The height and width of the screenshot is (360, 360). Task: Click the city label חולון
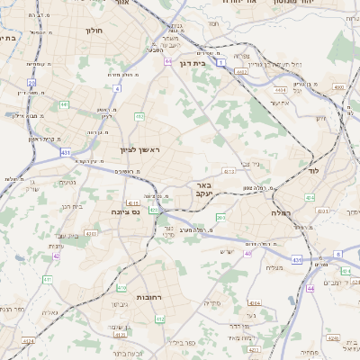tap(94, 30)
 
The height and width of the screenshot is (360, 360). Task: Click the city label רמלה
tap(282, 212)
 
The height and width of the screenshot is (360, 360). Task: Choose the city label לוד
tap(313, 169)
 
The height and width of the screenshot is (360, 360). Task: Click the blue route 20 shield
tap(31, 82)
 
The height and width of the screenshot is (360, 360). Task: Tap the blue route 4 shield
tap(117, 88)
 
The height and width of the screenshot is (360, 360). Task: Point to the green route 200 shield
tap(221, 218)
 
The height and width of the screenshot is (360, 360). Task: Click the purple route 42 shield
tap(56, 256)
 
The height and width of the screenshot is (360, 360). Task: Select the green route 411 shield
tap(47, 279)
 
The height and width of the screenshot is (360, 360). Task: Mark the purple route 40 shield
tap(247, 253)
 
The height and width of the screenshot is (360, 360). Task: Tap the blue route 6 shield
tap(338, 255)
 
